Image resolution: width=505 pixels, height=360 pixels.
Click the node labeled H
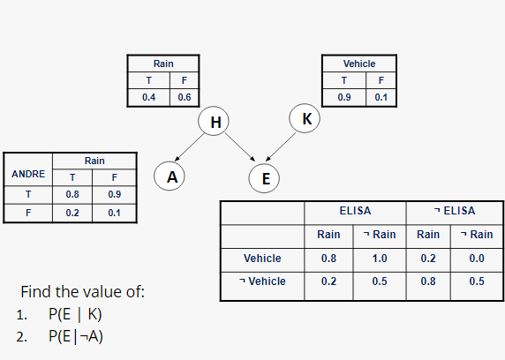click(214, 121)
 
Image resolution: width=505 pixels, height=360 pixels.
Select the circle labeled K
click(305, 117)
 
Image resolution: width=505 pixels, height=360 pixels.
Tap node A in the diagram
click(171, 177)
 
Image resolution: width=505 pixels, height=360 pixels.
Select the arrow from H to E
click(240, 150)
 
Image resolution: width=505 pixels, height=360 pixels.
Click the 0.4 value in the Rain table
click(148, 96)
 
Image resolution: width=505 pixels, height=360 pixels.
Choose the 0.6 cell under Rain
click(184, 96)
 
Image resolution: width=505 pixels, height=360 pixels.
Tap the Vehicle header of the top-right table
click(358, 64)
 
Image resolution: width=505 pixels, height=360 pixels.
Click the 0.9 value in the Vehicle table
click(344, 96)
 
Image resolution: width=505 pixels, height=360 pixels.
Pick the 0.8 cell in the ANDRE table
click(72, 193)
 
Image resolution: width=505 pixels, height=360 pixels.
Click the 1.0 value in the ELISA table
click(380, 259)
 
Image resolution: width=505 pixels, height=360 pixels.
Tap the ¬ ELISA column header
click(455, 211)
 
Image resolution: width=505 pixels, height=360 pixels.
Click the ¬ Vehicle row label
click(261, 281)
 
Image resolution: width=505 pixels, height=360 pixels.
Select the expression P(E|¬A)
click(75, 335)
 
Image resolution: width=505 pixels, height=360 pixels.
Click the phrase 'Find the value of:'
click(82, 292)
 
